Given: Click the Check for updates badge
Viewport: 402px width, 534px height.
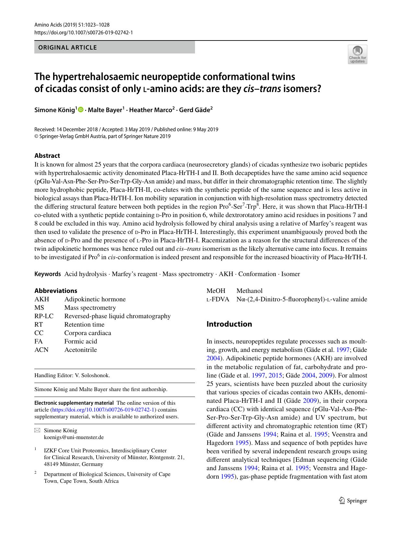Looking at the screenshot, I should pos(357,54).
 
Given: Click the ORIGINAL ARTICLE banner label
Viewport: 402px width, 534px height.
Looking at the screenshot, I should pos(68,47).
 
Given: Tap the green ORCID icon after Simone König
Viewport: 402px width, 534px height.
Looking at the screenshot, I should pos(81,110).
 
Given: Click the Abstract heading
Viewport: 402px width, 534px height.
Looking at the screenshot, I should pos(47,156).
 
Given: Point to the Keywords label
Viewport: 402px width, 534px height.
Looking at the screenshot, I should pos(48,274).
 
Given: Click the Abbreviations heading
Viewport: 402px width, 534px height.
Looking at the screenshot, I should pos(56,291).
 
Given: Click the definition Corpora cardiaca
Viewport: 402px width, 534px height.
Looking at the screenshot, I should pos(87,333).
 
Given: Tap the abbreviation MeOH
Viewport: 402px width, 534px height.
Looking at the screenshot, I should pos(216,291).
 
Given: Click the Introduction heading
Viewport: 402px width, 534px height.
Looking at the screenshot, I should pos(229,324).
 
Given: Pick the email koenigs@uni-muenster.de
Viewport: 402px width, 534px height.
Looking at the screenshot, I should pos(74,437).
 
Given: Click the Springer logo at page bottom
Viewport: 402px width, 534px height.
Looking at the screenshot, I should pos(353,501).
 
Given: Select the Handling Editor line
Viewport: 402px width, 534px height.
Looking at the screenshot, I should pos(72,375).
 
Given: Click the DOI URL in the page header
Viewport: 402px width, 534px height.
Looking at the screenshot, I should pos(84,32).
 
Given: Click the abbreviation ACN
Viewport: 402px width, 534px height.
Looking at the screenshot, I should pos(41,350).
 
